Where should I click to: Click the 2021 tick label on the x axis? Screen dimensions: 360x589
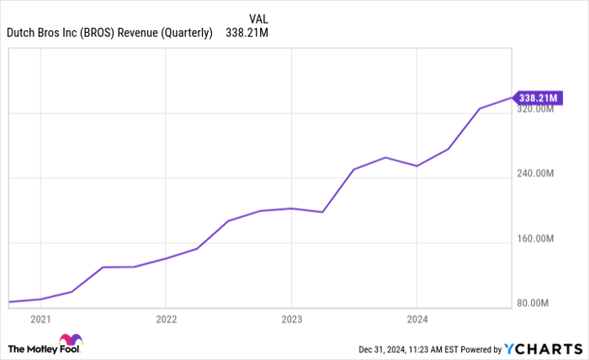tap(40, 320)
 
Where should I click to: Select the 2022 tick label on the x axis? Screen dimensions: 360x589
tap(166, 320)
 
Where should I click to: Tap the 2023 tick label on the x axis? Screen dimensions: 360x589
tap(291, 320)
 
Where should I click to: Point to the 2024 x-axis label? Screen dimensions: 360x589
tap(417, 320)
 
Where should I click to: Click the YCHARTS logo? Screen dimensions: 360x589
tap(544, 348)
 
